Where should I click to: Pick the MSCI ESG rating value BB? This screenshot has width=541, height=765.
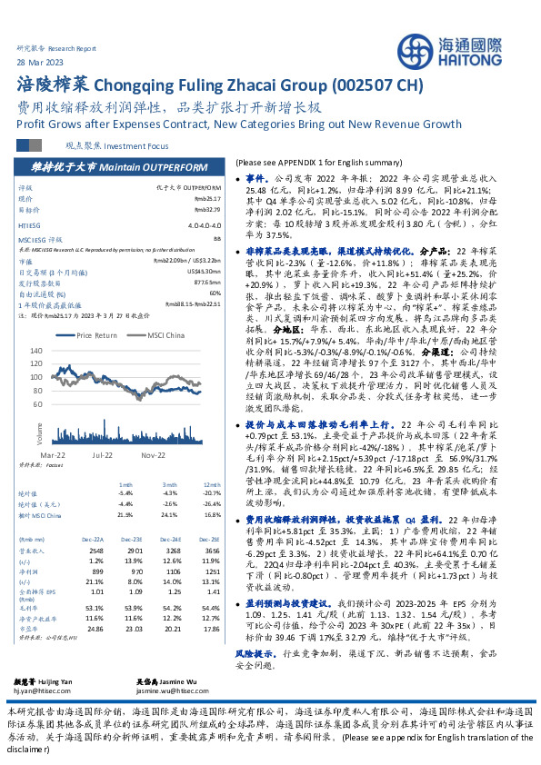pyautogui.click(x=215, y=238)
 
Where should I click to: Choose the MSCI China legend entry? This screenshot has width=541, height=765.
pyautogui.click(x=155, y=335)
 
